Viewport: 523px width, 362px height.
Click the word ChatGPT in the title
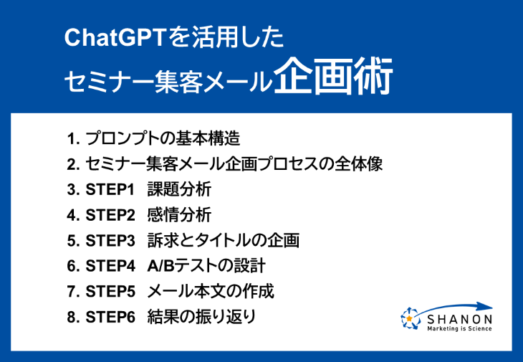[115, 37]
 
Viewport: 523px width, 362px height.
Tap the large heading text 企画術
[333, 77]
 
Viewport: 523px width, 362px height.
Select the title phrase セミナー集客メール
[168, 82]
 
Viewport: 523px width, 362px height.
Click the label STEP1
[110, 190]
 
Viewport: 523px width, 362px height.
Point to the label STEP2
[110, 215]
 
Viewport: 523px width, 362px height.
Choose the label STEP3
[110, 241]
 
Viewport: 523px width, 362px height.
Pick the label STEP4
[110, 266]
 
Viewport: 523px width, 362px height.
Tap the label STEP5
[110, 291]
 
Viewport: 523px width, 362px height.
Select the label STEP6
[110, 317]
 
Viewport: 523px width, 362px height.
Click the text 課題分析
[179, 189]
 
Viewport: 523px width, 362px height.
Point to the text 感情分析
[179, 215]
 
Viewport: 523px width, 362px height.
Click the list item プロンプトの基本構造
[163, 138]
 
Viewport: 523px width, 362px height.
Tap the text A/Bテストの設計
[206, 266]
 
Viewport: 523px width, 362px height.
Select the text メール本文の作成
[211, 291]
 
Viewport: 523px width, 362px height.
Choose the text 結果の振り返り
[201, 317]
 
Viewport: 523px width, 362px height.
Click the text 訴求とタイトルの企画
[223, 241]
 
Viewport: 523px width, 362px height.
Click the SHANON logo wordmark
[460, 320]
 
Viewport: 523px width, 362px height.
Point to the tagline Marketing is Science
[460, 328]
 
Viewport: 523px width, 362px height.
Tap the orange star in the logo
[409, 318]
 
